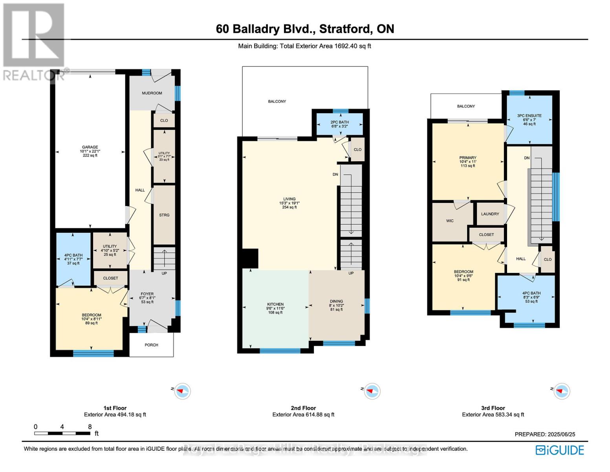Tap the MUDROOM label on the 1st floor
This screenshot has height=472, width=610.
[152, 93]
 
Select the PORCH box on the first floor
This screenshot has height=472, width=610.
[151, 345]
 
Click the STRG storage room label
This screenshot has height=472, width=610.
[164, 215]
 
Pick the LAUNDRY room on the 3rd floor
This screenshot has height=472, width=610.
[490, 214]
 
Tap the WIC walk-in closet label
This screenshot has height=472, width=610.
[450, 221]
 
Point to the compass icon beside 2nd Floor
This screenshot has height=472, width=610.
[371, 391]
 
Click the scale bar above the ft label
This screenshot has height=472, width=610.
[62, 433]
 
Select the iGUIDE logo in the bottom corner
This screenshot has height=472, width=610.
[560, 450]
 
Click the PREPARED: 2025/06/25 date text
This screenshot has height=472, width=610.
[545, 434]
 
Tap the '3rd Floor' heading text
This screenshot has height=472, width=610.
[493, 408]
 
